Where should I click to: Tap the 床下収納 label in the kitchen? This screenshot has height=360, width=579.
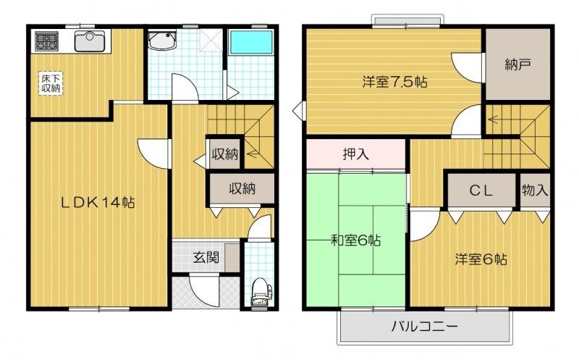(x=50, y=82)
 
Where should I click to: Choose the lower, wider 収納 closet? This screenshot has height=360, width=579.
(x=242, y=188)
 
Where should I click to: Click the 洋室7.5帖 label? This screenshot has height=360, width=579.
(x=394, y=82)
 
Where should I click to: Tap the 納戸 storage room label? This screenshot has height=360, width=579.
(x=518, y=64)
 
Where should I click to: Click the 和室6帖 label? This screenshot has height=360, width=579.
(x=357, y=240)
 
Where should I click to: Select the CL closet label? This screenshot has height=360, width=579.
(x=481, y=191)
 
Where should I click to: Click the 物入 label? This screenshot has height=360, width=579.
(x=535, y=191)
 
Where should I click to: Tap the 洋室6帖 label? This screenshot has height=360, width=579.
(x=481, y=259)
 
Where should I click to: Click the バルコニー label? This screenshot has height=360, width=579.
(x=426, y=327)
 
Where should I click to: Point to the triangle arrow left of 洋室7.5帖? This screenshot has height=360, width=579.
(x=298, y=112)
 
